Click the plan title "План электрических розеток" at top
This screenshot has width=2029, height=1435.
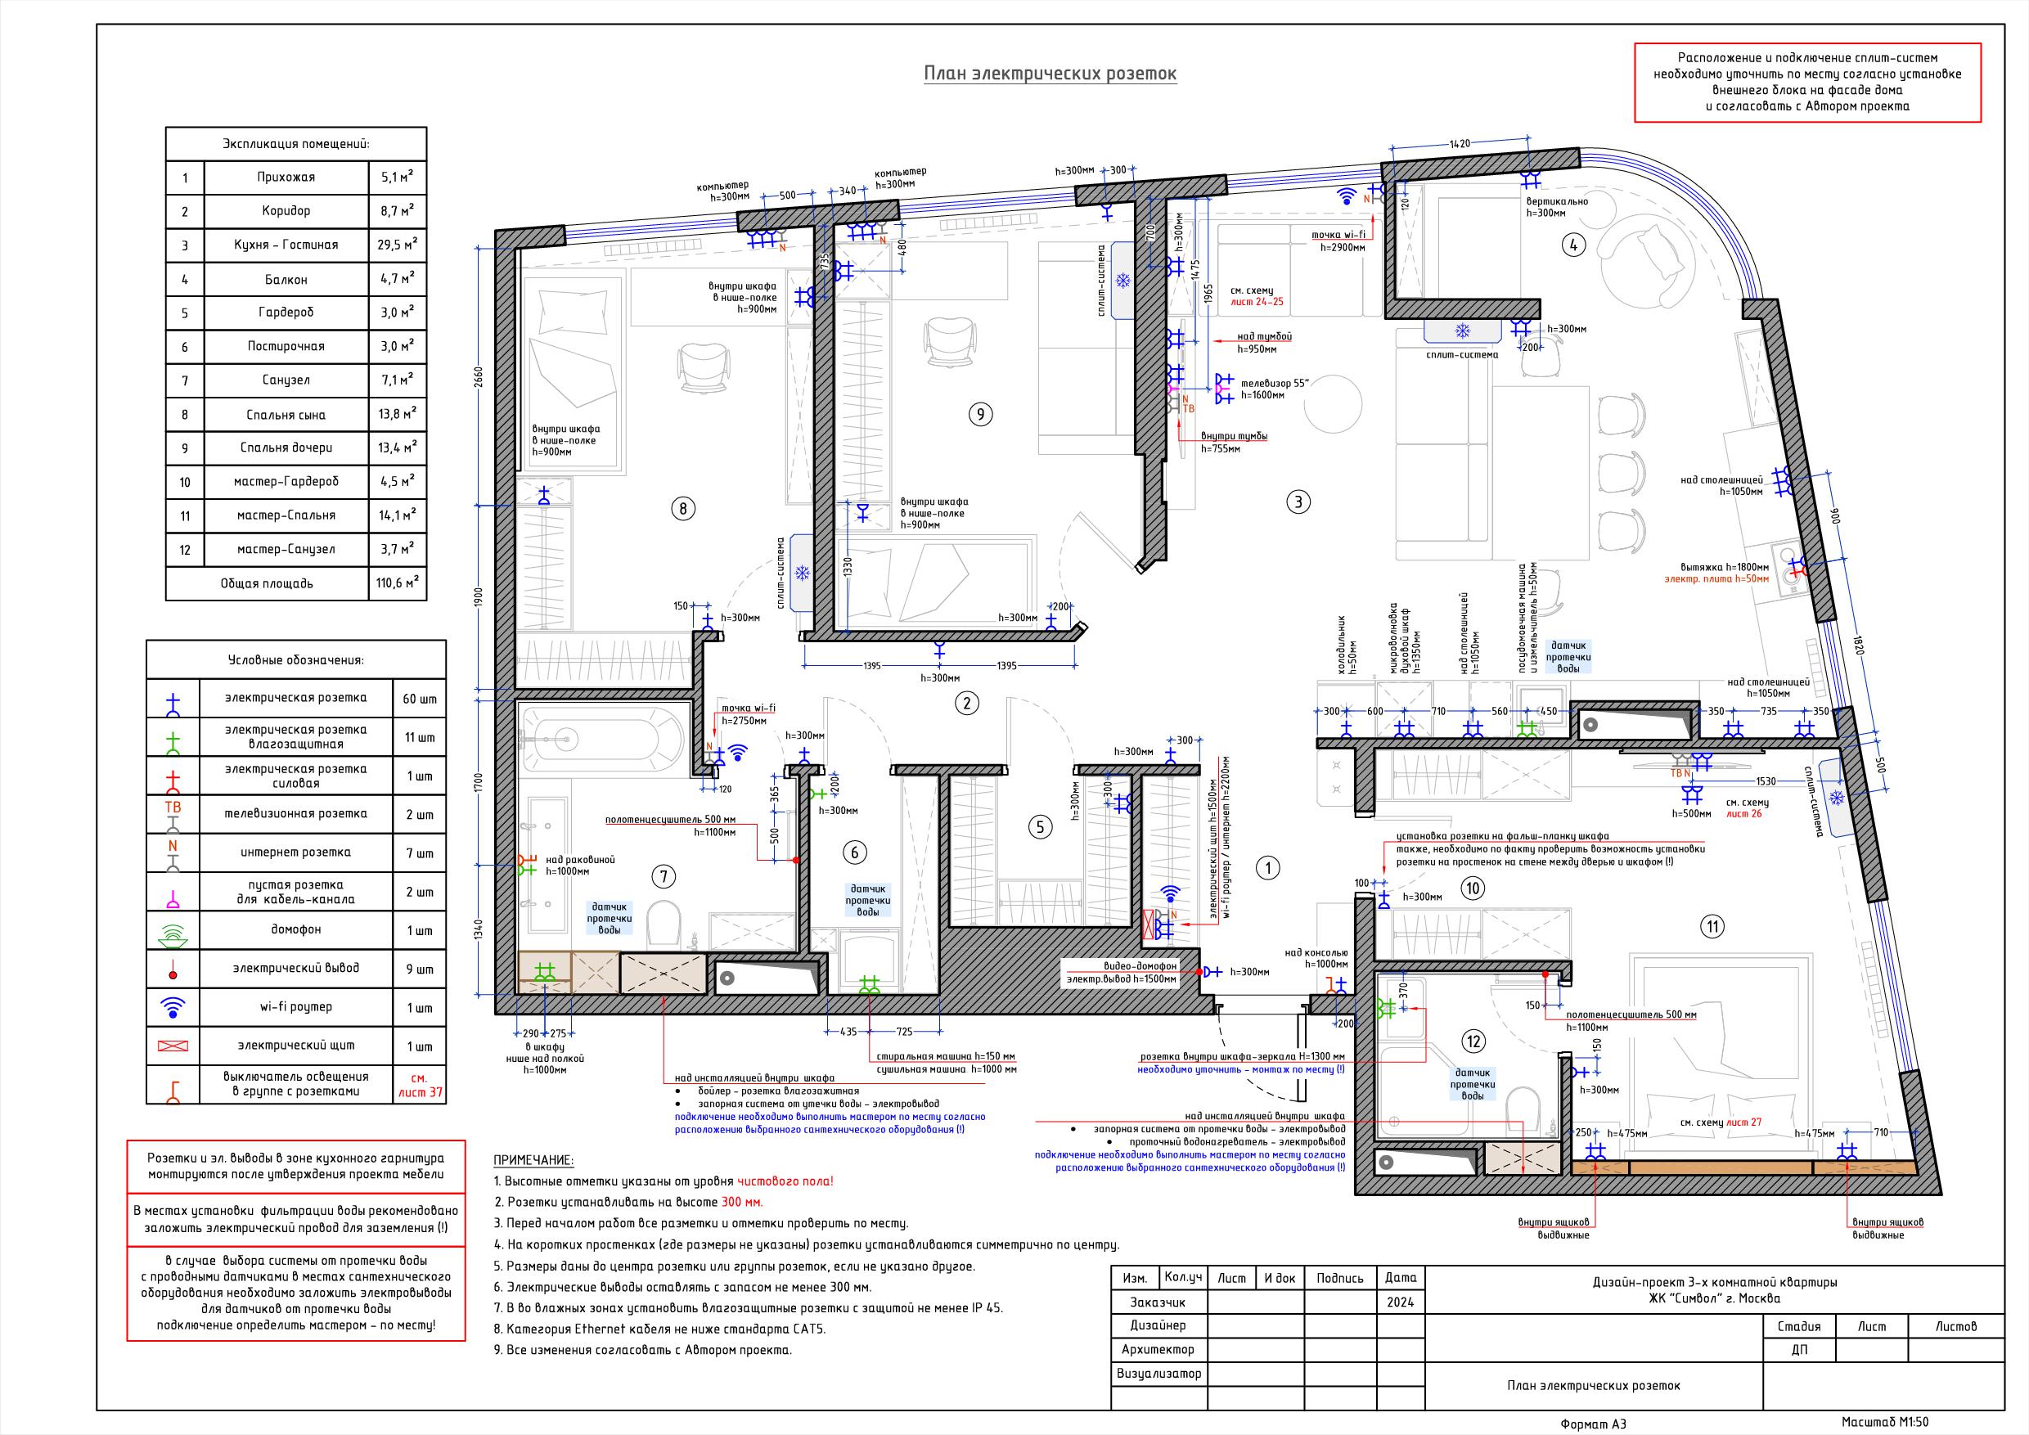(x=1050, y=74)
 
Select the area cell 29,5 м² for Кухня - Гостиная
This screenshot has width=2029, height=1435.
(x=398, y=245)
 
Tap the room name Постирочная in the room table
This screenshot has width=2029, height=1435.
(x=286, y=346)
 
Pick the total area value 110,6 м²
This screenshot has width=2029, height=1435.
(x=398, y=583)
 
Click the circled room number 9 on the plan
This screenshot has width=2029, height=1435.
(x=979, y=413)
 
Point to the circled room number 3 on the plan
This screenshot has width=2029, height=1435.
(x=1298, y=502)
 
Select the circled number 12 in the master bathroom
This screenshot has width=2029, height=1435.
(x=1473, y=1041)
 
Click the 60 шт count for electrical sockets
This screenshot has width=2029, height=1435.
(x=420, y=699)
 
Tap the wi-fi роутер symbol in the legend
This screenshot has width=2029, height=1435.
(x=173, y=1006)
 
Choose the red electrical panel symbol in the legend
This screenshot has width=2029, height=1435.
(x=173, y=1046)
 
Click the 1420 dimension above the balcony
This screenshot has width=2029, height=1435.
(x=1460, y=143)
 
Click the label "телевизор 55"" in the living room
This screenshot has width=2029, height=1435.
(x=1275, y=383)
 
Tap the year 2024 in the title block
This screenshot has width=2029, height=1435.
(x=1400, y=1302)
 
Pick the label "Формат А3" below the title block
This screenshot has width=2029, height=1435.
(x=1592, y=1424)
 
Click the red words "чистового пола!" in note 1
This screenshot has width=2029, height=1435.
(x=785, y=1181)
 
